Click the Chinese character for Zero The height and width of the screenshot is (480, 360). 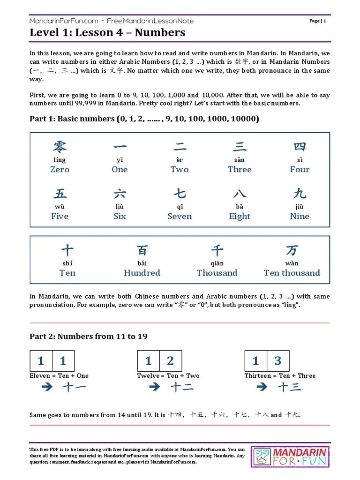60,147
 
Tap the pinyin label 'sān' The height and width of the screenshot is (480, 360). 239,160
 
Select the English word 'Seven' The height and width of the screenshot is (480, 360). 180,216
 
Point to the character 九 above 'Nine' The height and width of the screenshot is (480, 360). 300,194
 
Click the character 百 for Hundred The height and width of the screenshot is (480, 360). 142,250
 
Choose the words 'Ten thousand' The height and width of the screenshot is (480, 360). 292,273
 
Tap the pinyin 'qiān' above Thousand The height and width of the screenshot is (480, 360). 217,263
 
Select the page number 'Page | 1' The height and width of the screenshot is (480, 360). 318,21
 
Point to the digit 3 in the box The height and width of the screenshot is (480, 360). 278,360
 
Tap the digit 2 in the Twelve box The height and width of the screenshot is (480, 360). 170,360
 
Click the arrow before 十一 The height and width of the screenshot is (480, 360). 46,387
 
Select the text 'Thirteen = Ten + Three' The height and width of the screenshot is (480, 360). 280,375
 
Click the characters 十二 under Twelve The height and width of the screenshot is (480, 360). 182,387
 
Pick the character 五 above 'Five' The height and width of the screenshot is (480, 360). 60,194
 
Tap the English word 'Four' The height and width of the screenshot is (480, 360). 300,169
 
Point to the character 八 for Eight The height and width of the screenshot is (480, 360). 240,194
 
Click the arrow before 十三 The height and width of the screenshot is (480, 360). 262,387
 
